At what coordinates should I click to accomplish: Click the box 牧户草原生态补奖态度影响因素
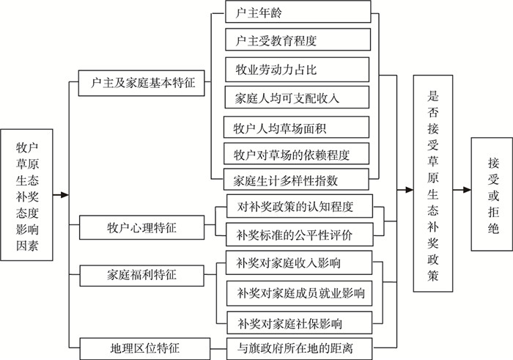pyautogui.click(x=27, y=195)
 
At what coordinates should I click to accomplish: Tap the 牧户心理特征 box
pyautogui.click(x=141, y=228)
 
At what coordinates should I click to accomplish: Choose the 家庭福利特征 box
pyautogui.click(x=141, y=276)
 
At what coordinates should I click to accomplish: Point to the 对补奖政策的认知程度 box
pyautogui.click(x=295, y=207)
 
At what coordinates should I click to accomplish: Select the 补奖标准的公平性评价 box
pyautogui.click(x=295, y=235)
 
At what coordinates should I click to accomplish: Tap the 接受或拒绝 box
pyautogui.click(x=490, y=194)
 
